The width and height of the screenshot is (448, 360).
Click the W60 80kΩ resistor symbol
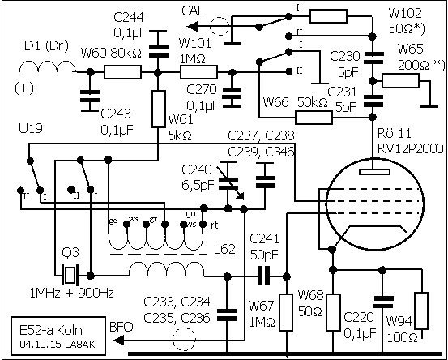tap(122, 72)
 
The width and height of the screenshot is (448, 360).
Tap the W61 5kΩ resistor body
tap(159, 109)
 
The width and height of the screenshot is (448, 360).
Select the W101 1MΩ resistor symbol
tap(198, 72)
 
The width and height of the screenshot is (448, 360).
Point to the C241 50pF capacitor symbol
tap(263, 276)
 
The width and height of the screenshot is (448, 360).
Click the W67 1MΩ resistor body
tap(286, 312)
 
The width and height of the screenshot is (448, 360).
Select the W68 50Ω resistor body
tap(333, 312)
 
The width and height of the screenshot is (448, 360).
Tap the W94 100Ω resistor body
tap(421, 311)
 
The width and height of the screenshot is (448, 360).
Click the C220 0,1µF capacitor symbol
tap(383, 302)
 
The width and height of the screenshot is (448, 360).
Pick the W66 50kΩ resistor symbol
tap(314, 118)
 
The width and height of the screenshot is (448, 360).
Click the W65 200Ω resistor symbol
tap(400, 80)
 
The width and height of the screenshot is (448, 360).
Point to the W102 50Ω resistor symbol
tap(329, 16)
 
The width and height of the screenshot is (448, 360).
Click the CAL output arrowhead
tap(192, 27)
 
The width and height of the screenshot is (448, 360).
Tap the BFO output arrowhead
tap(119, 341)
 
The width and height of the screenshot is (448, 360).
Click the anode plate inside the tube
tap(375, 172)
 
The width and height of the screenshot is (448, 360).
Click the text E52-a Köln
tap(51, 331)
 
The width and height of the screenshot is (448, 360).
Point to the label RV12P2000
tap(410, 148)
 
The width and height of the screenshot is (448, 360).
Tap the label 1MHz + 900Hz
tap(72, 293)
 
